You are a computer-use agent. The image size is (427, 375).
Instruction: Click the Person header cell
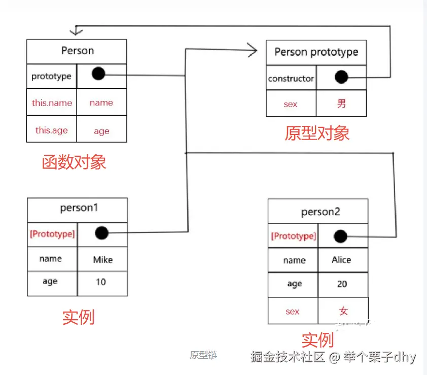pos(77,51)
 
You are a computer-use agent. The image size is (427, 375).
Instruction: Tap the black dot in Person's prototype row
pos(98,75)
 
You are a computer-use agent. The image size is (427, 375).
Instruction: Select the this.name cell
pos(52,103)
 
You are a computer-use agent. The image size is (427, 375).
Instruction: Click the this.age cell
pos(52,130)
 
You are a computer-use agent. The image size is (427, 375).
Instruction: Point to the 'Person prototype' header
pos(316,52)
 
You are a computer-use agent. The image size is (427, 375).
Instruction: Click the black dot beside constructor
pos(341,77)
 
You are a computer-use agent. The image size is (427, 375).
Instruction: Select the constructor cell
pos(291,79)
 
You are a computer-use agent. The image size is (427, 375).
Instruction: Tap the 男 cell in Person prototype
pos(341,104)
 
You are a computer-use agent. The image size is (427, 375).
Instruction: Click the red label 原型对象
pos(317,133)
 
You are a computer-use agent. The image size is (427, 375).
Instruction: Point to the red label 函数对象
pos(74,162)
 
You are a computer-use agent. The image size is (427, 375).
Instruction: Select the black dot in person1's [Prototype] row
pos(102,233)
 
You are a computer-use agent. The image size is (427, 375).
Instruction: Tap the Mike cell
pos(103,260)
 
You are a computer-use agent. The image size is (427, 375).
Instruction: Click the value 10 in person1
pos(101,282)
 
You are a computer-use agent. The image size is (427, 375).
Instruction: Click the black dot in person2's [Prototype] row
pos(341,236)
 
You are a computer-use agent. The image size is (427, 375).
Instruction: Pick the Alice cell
pos(341,260)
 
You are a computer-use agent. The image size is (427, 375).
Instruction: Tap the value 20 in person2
pos(342,284)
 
